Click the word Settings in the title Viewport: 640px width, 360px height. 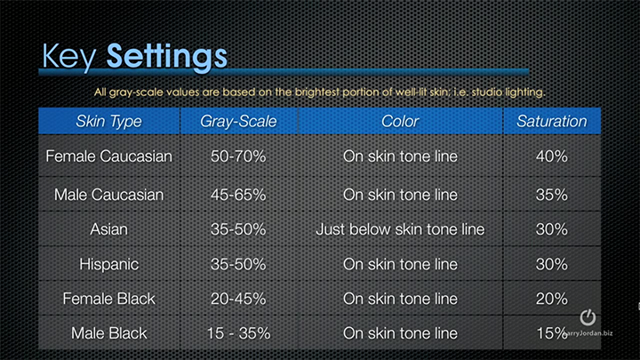click(x=166, y=57)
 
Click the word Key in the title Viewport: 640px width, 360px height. click(x=68, y=57)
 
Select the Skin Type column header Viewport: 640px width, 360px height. click(x=109, y=121)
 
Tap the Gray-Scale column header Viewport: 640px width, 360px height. click(x=238, y=121)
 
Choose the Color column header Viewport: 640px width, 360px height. click(x=400, y=121)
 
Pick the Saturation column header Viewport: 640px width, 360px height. click(x=552, y=121)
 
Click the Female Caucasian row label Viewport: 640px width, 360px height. click(x=109, y=156)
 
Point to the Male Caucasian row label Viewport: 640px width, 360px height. click(x=109, y=195)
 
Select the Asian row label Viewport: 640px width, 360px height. click(x=109, y=229)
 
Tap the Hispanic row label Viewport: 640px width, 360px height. click(x=109, y=265)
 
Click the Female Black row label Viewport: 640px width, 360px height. click(x=109, y=299)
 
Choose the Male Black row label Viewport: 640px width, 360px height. click(x=109, y=333)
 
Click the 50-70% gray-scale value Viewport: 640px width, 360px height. click(x=238, y=156)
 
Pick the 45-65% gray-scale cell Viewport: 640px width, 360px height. click(x=238, y=195)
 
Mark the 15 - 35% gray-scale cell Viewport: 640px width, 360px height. click(x=238, y=333)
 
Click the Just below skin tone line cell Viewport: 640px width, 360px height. click(x=400, y=229)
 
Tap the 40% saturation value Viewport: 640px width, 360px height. click(x=552, y=156)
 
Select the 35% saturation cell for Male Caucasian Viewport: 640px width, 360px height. click(x=552, y=195)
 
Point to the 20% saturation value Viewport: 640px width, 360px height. click(x=552, y=299)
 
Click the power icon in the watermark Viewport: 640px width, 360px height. click(x=588, y=317)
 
